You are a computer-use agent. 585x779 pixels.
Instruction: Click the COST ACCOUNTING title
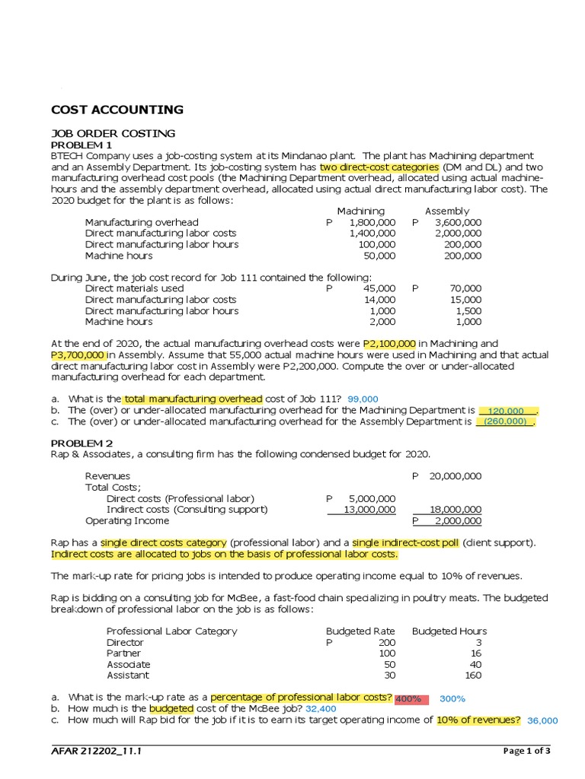click(117, 110)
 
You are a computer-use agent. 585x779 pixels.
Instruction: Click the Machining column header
click(360, 211)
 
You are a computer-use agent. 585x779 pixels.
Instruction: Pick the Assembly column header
click(447, 211)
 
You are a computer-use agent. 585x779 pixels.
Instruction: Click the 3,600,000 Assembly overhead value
click(458, 222)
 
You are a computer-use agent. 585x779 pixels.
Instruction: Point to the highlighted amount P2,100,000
click(390, 344)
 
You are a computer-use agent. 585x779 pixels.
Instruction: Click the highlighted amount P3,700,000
click(78, 355)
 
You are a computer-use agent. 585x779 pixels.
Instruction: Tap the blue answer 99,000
click(362, 399)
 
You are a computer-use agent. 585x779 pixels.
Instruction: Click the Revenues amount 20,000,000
click(455, 476)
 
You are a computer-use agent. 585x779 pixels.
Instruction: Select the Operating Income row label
click(127, 521)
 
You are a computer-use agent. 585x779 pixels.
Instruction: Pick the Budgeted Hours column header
click(449, 631)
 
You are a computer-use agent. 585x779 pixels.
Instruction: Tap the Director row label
click(125, 643)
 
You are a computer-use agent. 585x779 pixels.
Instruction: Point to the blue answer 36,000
click(542, 720)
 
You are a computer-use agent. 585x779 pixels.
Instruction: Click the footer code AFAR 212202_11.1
click(96, 752)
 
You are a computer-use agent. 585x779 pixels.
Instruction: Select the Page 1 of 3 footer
click(527, 752)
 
